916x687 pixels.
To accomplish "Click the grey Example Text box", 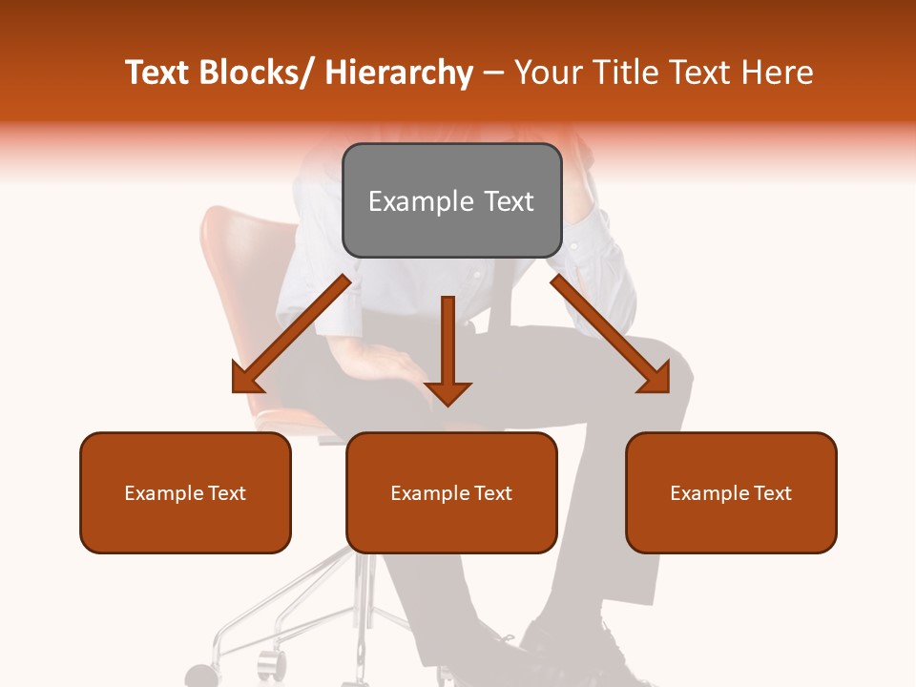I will [451, 200].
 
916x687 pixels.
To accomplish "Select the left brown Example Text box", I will [185, 492].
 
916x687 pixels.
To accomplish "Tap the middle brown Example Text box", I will [451, 492].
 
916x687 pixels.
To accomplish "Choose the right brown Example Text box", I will [731, 492].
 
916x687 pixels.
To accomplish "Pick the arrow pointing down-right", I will [611, 334].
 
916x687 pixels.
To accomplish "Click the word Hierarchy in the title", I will [399, 73].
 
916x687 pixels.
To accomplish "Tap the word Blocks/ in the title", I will [258, 73].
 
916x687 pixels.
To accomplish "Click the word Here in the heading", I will [778, 73].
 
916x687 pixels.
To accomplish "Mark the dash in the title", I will [493, 73].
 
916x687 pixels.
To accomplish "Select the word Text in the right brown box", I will [772, 492].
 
